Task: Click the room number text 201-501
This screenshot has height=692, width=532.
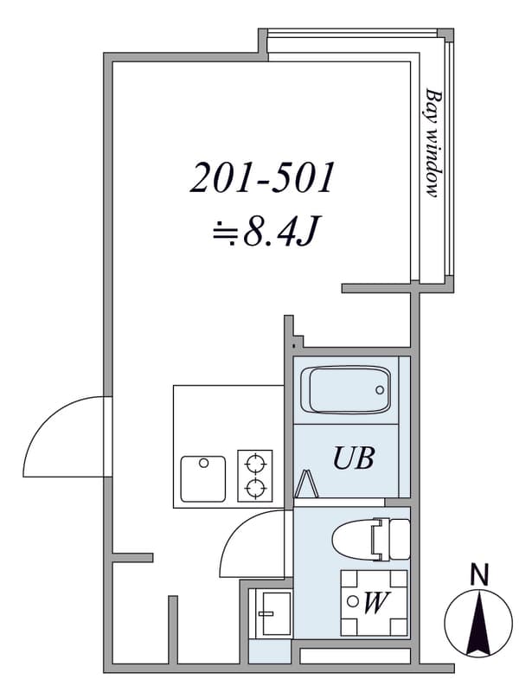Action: (262, 177)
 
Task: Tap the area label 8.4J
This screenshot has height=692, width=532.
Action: (279, 230)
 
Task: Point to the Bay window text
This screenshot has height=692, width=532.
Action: (433, 143)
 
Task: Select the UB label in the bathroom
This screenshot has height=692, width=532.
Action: (354, 458)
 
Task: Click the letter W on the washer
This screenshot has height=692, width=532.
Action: (375, 602)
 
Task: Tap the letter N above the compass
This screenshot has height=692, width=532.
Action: (479, 575)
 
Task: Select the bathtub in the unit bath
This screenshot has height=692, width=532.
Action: (346, 390)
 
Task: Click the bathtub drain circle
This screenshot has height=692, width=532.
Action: (380, 390)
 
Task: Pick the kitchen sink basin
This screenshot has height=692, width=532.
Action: (203, 479)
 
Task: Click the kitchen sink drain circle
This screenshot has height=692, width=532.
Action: (203, 463)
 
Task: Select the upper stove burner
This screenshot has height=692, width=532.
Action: (255, 465)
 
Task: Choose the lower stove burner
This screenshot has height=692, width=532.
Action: (255, 488)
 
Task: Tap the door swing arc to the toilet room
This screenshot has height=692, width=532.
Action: (238, 529)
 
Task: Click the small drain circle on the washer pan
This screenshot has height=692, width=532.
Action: (352, 601)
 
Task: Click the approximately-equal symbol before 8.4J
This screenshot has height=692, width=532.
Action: (225, 232)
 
